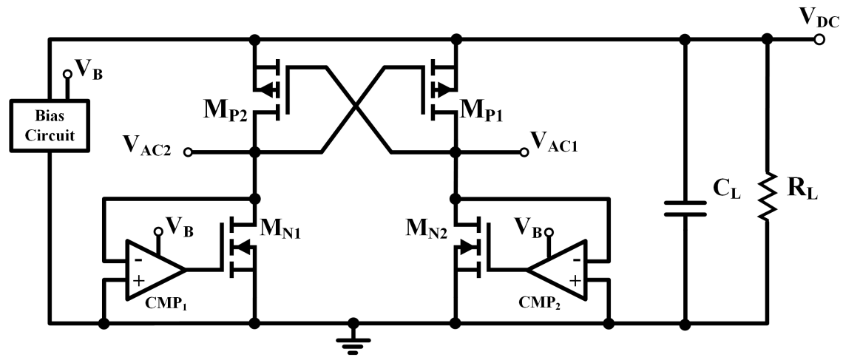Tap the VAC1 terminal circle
(524, 152)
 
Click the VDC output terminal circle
(819, 38)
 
